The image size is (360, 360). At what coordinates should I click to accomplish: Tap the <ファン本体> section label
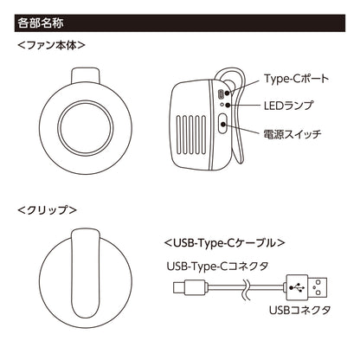click(55, 42)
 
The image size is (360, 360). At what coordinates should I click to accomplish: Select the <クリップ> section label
click(48, 210)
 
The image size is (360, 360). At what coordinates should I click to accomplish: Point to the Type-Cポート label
click(296, 79)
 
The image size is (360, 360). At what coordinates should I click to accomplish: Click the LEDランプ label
click(289, 104)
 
